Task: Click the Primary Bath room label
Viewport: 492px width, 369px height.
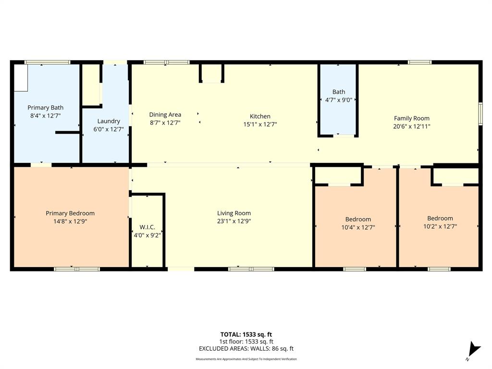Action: (45, 108)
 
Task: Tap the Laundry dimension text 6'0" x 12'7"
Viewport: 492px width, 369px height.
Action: (109, 129)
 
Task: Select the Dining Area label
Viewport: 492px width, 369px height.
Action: (165, 114)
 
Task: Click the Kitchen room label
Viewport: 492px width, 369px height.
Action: (260, 116)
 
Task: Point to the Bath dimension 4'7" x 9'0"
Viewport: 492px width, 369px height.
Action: (338, 100)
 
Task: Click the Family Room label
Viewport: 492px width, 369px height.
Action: (412, 118)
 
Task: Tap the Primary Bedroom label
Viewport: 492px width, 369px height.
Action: (70, 213)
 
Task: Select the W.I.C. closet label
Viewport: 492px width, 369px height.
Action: (147, 227)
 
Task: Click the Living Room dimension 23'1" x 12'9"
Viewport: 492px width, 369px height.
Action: (234, 221)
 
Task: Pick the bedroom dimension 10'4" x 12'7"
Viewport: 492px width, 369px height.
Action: (358, 228)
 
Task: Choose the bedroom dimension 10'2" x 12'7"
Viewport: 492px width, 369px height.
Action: (440, 226)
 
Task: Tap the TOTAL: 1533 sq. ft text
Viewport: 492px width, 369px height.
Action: (246, 334)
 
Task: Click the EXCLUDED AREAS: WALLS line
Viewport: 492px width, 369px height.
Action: (246, 349)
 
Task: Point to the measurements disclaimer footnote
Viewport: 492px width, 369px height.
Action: (246, 359)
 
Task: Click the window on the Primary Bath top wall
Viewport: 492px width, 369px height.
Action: (48, 62)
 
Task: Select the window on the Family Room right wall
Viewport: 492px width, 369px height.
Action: (480, 114)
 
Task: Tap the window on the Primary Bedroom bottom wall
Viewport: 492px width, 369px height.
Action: (77, 269)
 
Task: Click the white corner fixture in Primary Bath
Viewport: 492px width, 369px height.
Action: (21, 77)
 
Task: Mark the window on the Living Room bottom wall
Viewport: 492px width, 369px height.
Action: (251, 269)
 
